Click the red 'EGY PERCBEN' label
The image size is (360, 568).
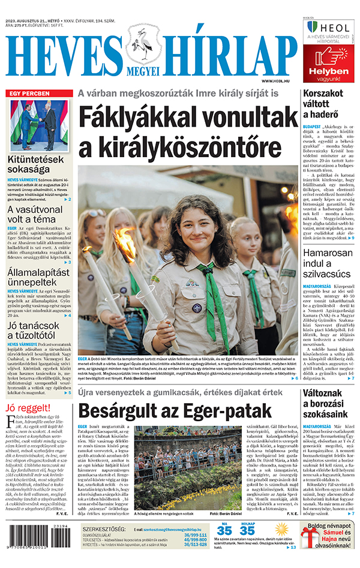click(x=28, y=94)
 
